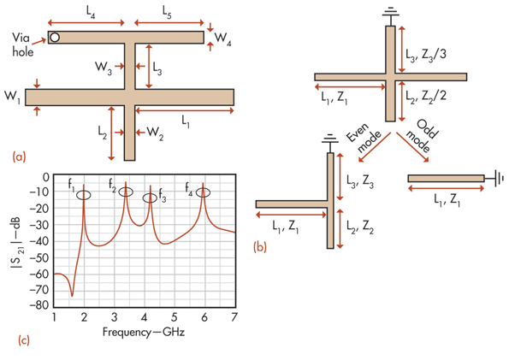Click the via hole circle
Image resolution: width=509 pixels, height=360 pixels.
pyautogui.click(x=55, y=38)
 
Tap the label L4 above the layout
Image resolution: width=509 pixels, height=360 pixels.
pyautogui.click(x=91, y=12)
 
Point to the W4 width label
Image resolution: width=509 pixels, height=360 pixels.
pyautogui.click(x=222, y=38)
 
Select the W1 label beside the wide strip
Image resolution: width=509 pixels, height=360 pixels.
pyautogui.click(x=12, y=97)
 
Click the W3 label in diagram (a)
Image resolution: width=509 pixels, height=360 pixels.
pyautogui.click(x=104, y=68)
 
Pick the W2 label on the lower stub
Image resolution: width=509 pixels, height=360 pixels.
pyautogui.click(x=155, y=133)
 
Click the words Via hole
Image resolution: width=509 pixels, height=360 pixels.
pyautogui.click(x=23, y=44)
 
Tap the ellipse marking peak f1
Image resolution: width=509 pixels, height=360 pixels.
pyautogui.click(x=84, y=195)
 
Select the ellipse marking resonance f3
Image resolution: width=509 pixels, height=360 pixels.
pyautogui.click(x=150, y=198)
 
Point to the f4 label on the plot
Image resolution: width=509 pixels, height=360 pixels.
pyautogui.click(x=189, y=189)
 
